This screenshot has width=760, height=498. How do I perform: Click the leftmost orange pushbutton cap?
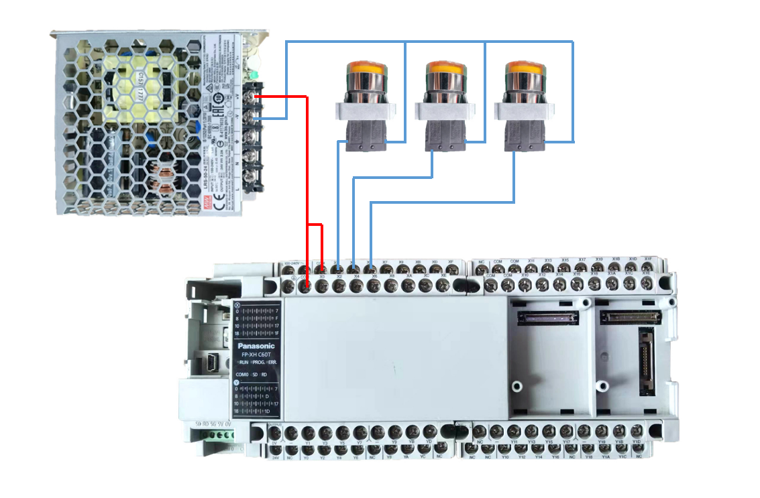(366, 68)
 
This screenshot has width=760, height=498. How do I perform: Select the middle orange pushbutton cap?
(445, 68)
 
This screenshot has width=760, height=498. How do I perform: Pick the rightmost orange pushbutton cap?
(525, 68)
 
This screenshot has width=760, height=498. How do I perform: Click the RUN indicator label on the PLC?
(245, 362)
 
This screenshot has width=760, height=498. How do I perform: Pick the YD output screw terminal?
(429, 432)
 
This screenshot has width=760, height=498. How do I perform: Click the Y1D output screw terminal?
(637, 432)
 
